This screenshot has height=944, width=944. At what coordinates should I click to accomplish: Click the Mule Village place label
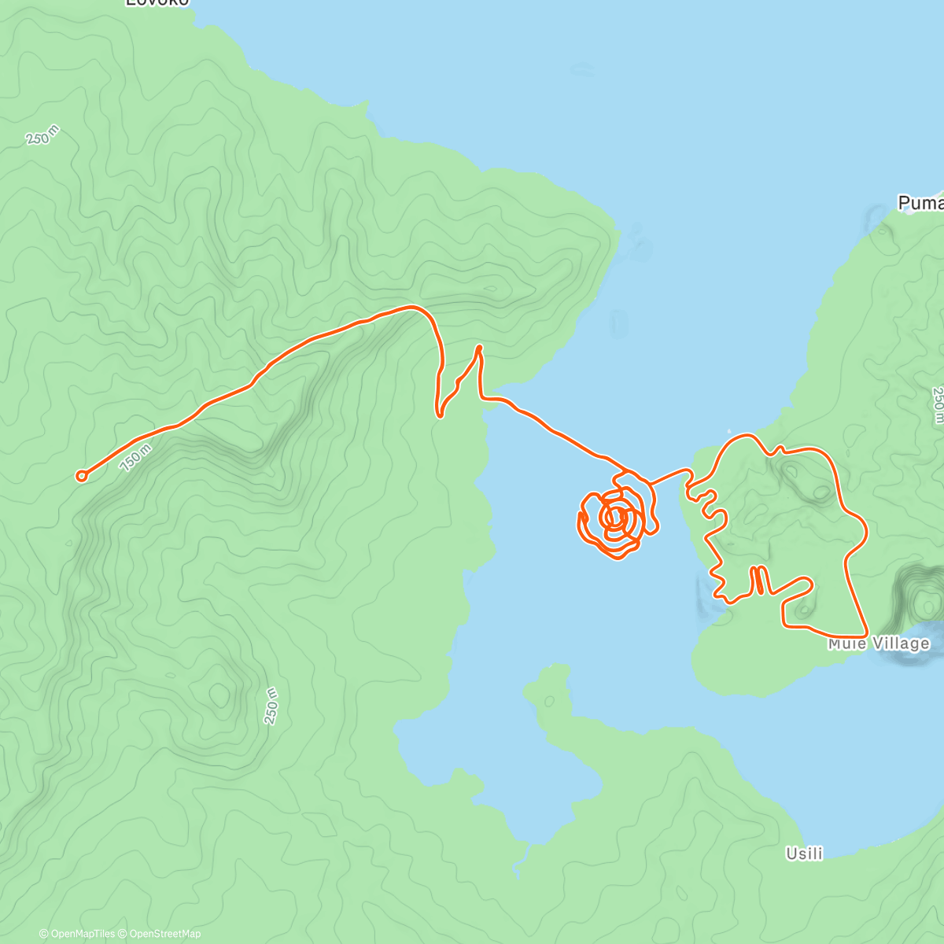click(879, 644)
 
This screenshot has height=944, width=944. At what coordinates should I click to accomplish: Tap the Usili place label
click(804, 854)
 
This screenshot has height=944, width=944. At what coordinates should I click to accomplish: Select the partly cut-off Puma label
click(920, 204)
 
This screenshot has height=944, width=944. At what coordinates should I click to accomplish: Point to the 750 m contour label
click(135, 458)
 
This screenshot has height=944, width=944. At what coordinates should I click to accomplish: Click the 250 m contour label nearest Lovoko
click(42, 135)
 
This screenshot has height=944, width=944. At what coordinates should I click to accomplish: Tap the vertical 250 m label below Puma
click(937, 405)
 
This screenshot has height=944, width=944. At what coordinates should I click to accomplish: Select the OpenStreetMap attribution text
click(164, 934)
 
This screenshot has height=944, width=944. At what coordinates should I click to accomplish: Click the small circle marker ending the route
click(81, 475)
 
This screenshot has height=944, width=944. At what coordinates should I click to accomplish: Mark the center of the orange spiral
click(615, 517)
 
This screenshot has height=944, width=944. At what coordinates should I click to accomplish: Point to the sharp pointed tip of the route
click(478, 347)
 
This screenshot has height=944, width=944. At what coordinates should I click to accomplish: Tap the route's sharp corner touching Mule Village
click(865, 634)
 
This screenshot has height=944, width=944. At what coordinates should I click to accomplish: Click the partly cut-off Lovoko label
click(157, 2)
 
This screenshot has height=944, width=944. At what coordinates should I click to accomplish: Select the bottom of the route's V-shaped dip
click(440, 414)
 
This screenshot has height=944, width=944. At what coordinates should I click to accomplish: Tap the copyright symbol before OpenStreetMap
click(124, 934)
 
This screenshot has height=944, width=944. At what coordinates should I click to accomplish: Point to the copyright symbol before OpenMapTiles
click(44, 934)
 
